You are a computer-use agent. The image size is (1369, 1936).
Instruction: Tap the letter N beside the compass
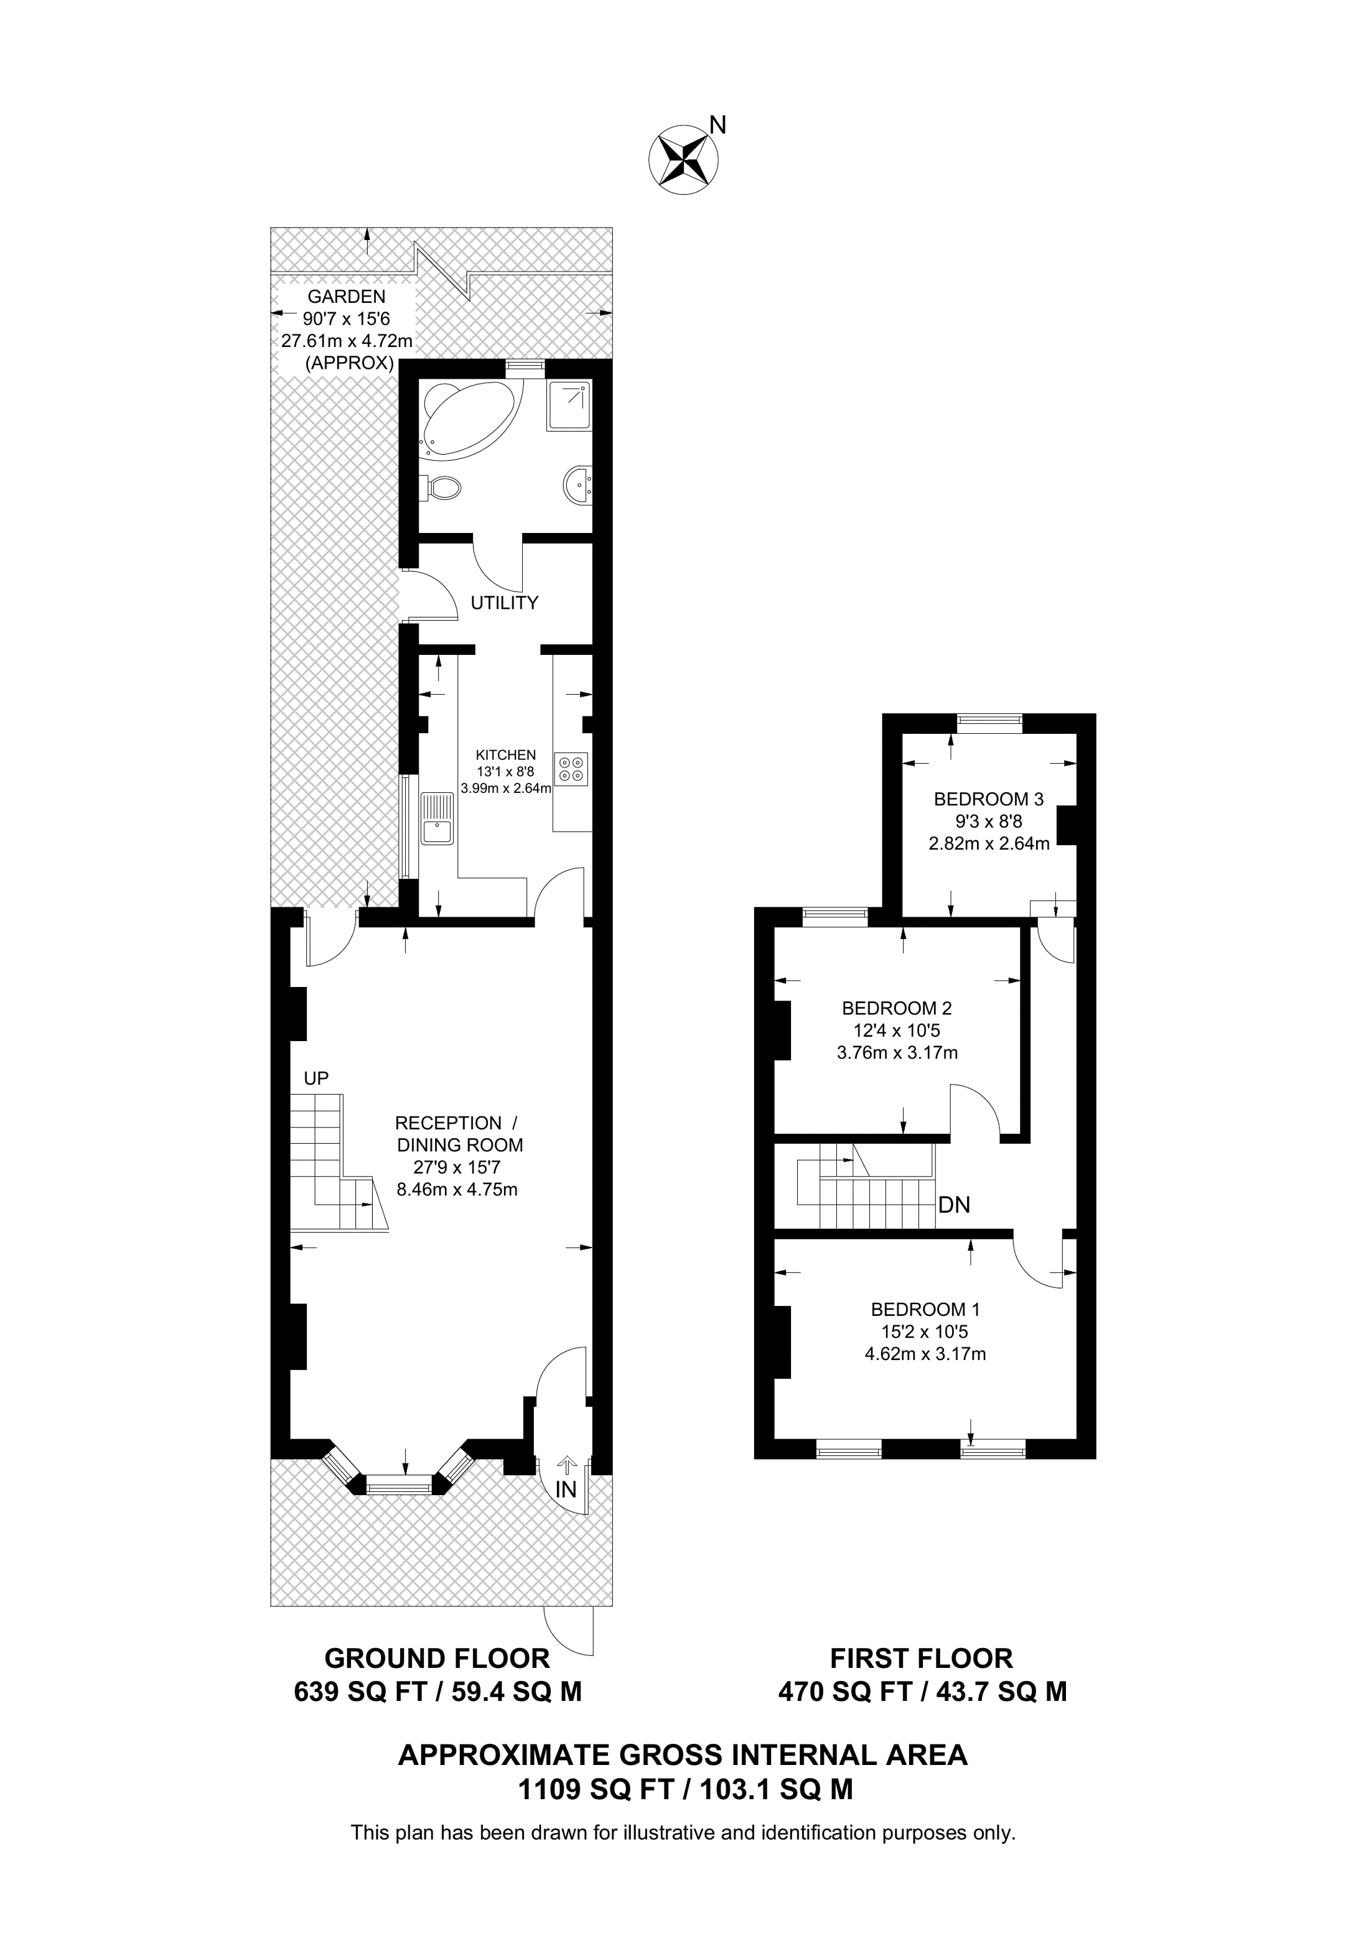point(718,126)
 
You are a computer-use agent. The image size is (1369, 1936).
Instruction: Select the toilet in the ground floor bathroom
point(444,486)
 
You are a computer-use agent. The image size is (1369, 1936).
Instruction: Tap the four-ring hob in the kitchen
point(571,768)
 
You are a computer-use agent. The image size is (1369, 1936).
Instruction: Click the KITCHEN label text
point(505,754)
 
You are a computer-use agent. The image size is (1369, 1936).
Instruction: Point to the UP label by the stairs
point(316,1078)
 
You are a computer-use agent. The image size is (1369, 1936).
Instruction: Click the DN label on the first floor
point(954,1205)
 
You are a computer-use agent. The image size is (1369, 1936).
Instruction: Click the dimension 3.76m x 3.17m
point(897,1052)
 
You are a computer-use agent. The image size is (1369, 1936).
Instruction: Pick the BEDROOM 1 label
point(925,1310)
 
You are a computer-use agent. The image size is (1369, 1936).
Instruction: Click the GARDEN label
point(346,296)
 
